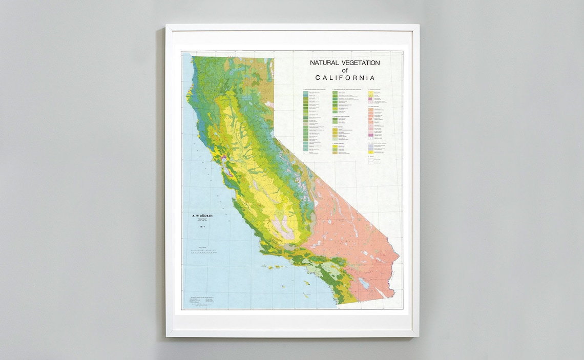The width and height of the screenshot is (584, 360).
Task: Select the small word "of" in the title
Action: (x=344, y=70)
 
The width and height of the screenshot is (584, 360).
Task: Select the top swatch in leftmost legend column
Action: (x=306, y=92)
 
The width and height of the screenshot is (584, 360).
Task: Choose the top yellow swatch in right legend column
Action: (x=370, y=93)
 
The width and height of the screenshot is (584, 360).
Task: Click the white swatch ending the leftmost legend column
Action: (x=306, y=152)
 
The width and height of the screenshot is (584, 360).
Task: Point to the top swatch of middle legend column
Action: (x=336, y=92)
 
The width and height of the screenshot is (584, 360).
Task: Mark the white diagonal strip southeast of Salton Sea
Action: (x=381, y=292)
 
